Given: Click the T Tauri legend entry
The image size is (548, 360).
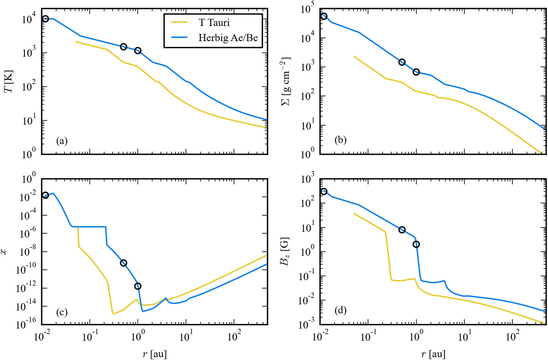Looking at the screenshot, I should [x=214, y=22].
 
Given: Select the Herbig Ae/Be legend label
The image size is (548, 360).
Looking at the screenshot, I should [x=228, y=38].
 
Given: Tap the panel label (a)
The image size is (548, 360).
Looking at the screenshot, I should [x=62, y=141].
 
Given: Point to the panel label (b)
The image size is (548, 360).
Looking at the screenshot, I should [x=340, y=140].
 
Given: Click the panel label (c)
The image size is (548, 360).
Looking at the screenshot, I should [x=62, y=312].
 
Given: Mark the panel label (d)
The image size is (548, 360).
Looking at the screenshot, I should [x=340, y=310].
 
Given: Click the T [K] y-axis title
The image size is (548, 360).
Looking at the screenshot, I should [x=9, y=82].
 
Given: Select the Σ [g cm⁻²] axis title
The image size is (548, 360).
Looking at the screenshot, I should [x=286, y=82].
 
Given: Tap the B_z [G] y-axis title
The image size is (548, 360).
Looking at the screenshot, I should [x=284, y=252].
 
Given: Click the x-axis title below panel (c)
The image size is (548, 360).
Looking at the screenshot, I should [x=155, y=354].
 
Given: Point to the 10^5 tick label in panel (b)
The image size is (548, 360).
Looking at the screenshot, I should [x=307, y=9].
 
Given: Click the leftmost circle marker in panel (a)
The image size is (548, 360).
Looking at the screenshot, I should [x=45, y=19].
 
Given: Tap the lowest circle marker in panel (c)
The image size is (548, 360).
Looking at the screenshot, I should [x=138, y=286].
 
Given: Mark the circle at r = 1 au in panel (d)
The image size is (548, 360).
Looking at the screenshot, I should [x=416, y=244].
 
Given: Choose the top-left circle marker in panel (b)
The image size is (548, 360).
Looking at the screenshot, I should [x=324, y=16].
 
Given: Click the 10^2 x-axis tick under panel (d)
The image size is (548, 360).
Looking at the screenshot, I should [x=513, y=336].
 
